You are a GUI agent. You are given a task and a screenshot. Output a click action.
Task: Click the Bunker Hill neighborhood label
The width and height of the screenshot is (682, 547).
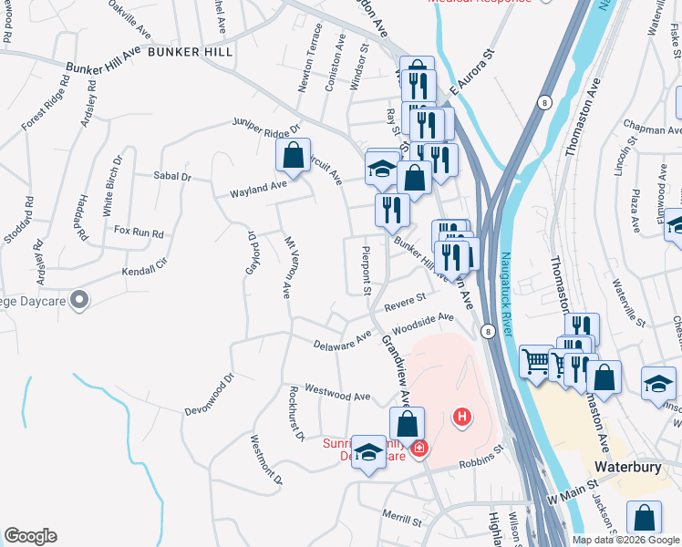pos(191,53)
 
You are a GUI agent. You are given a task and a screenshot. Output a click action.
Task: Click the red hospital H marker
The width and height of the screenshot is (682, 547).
pos(462,418)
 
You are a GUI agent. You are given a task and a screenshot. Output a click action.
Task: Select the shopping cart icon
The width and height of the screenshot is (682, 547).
pos(536,361)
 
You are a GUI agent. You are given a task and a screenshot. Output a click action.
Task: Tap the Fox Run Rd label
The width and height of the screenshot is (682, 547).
pos(139,232)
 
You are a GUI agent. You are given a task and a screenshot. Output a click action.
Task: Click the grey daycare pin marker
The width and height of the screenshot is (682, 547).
pos(79,299)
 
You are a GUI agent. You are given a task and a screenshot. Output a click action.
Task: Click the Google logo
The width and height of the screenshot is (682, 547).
pos(30,536)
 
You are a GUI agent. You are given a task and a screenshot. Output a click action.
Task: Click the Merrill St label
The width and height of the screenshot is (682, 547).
pos(402,517)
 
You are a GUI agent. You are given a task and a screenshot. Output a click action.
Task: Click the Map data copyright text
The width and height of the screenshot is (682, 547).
pos(625,540)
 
